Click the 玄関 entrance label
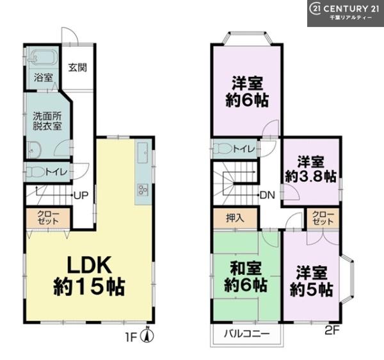[77, 68]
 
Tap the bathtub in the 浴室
[43, 58]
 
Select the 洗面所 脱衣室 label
[47, 121]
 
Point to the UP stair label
[81, 195]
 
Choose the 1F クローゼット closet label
[48, 218]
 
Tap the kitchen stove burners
[143, 190]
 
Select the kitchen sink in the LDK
[142, 152]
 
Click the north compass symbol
[147, 336]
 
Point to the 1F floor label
[131, 338]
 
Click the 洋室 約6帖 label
[247, 92]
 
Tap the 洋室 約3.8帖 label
[311, 169]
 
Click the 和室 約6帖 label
[245, 277]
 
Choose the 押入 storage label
[235, 218]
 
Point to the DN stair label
[267, 195]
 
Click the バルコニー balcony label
[247, 334]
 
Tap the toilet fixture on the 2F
[223, 148]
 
